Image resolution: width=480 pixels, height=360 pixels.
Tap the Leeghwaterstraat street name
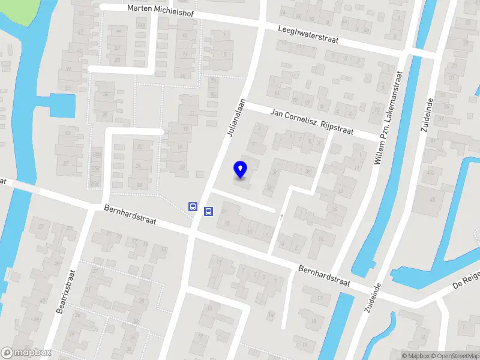pyautogui.click(x=308, y=34)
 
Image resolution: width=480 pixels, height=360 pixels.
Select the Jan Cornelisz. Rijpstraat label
pyautogui.click(x=311, y=121)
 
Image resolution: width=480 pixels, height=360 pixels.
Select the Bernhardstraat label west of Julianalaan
pyautogui.click(x=130, y=216)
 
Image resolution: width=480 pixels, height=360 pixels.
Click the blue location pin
pyautogui.click(x=241, y=170)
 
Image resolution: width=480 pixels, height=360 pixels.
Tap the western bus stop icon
pyautogui.click(x=193, y=206)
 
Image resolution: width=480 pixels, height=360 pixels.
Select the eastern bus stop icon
pyautogui.click(x=209, y=211)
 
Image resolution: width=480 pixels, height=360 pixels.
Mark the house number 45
pyautogui.click(x=433, y=199)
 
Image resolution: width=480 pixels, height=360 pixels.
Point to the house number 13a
pyautogui.click(x=430, y=172)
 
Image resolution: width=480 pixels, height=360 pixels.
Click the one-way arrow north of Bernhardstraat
pyautogui.click(x=281, y=217)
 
